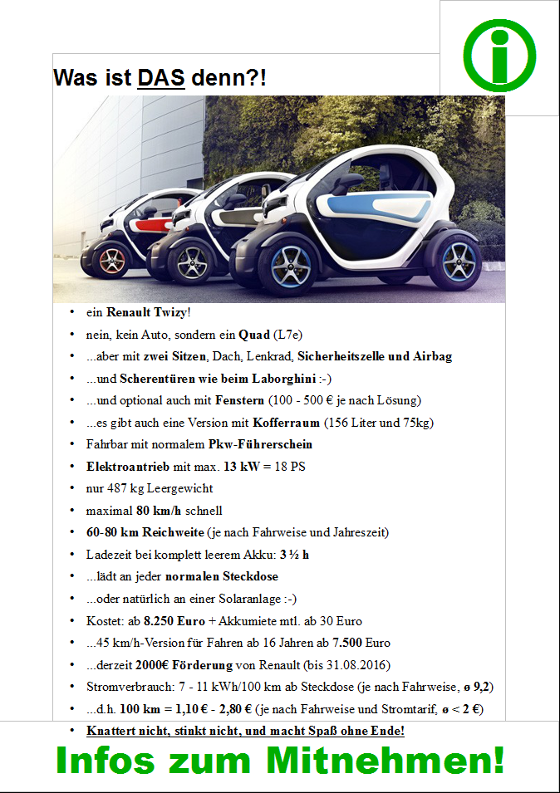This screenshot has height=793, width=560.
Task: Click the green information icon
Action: (x=499, y=56)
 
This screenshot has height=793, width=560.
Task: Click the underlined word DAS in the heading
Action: (x=161, y=78)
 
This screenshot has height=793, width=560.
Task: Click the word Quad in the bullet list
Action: (x=254, y=335)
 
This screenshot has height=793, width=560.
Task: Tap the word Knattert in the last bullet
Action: (x=112, y=731)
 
